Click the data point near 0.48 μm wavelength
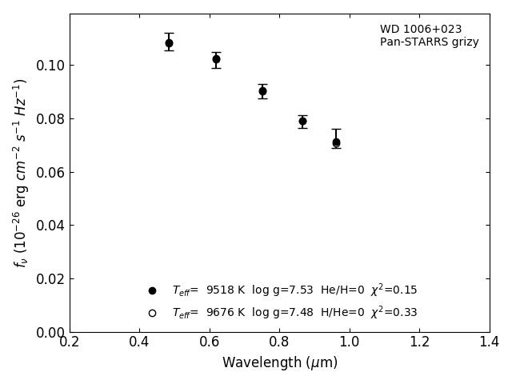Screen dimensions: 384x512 (x=169, y=43)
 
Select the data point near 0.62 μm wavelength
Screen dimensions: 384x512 (x=216, y=59)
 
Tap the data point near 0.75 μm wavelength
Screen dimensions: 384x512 (x=262, y=91)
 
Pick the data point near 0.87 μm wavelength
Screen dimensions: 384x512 (x=302, y=122)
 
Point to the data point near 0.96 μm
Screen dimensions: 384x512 (x=336, y=142)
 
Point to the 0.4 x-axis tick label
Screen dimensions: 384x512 (x=140, y=342)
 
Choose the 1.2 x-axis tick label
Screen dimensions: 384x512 (x=420, y=342)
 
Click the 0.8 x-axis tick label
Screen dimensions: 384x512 (x=280, y=342)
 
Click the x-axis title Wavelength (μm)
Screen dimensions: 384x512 (x=280, y=363)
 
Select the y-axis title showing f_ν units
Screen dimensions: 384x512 (x=20, y=173)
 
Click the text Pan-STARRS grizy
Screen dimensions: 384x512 (x=430, y=42)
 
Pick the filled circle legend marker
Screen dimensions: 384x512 (x=152, y=290)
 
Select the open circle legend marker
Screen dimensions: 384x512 (x=152, y=313)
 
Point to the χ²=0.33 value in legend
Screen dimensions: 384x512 (x=394, y=313)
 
